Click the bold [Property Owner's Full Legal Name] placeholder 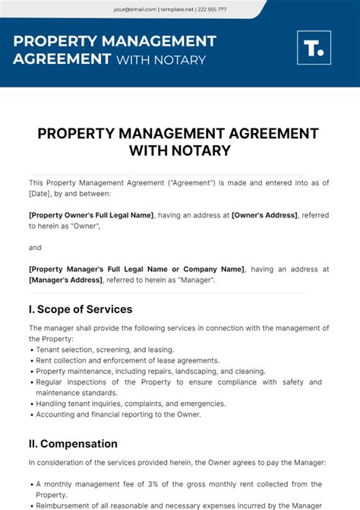tap(91, 215)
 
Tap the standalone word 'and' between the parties tap(35, 247)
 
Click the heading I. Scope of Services tap(81, 309)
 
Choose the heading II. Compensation tap(73, 443)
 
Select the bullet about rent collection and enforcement tap(128, 360)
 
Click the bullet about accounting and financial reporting tap(118, 414)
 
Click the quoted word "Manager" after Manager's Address tap(195, 280)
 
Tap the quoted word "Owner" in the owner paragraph tap(79, 226)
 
